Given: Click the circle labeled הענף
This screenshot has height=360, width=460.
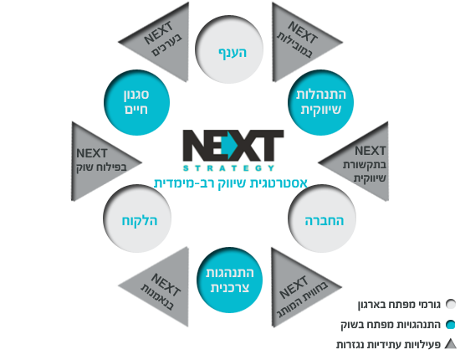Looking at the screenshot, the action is [229, 49].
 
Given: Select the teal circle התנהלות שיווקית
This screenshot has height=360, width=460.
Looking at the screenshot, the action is [320, 102].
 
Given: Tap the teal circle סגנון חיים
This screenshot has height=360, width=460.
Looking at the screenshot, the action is [136, 102].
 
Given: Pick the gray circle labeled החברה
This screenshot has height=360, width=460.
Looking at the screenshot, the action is [322, 219].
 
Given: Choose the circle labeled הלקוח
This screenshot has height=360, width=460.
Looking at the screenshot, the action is [137, 219].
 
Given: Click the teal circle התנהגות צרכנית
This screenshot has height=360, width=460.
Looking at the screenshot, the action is [229, 280].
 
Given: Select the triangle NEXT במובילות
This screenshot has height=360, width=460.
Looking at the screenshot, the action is [296, 42].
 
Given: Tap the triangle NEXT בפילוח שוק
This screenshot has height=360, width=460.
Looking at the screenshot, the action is [95, 162].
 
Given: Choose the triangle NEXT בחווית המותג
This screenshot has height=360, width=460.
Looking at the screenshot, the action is [295, 287].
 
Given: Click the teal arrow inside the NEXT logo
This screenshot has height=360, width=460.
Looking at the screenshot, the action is [229, 146].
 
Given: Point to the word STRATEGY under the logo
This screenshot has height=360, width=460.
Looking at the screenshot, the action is [229, 168].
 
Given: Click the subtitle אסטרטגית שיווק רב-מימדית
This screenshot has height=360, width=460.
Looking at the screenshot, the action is [231, 183].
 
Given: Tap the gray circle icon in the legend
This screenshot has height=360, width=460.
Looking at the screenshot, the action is [450, 304].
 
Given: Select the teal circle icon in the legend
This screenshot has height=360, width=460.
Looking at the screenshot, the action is [450, 325].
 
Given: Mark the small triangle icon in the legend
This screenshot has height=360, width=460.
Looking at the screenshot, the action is [451, 344].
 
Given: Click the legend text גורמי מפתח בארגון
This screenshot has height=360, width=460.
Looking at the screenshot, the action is [399, 305].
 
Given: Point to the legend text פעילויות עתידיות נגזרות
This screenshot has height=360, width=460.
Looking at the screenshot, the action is [388, 344].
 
